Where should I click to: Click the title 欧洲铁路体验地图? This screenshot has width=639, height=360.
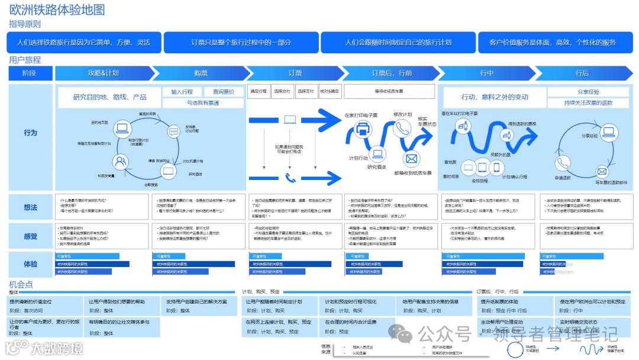[57, 10]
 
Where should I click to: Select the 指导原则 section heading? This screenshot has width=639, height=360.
[25, 24]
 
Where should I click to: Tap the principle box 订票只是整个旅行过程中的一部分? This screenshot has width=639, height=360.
[241, 43]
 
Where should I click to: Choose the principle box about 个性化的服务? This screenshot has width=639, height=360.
[552, 43]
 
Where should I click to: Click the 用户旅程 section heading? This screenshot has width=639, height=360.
[25, 60]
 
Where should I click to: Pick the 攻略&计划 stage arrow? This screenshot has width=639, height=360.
[103, 73]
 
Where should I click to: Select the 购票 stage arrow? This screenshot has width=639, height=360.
[201, 73]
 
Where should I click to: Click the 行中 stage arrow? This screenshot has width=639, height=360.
[486, 73]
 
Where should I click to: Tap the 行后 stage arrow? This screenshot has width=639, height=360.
[582, 73]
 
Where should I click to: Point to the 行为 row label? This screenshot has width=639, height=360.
[30, 133]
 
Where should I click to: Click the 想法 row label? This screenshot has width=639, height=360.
[30, 207]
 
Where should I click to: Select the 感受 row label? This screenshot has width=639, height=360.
[30, 236]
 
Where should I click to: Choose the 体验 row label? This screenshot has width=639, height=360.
[30, 264]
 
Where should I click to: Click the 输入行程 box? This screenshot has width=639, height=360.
[182, 92]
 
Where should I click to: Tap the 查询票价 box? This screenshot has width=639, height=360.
[223, 92]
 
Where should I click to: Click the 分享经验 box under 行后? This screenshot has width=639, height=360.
[588, 92]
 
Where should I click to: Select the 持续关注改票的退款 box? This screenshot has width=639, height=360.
[588, 102]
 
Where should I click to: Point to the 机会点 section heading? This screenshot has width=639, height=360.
[21, 285]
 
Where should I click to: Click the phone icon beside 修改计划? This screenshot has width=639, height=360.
[402, 128]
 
